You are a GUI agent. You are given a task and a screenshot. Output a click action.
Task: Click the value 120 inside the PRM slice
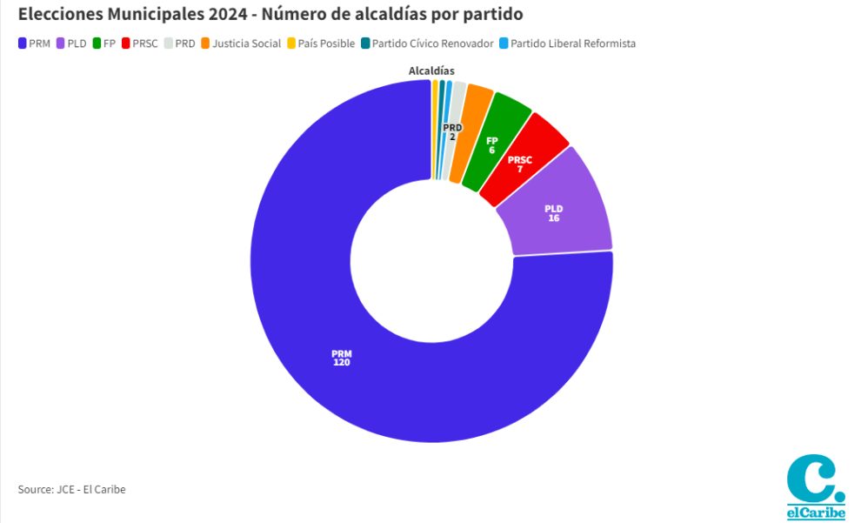click(x=341, y=362)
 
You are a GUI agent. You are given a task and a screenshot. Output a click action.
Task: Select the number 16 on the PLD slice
click(x=553, y=218)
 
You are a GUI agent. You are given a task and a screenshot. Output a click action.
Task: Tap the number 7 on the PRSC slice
click(x=520, y=169)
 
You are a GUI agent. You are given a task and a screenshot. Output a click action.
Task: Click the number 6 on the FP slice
click(x=491, y=151)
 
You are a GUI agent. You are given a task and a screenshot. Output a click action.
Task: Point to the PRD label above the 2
click(x=452, y=128)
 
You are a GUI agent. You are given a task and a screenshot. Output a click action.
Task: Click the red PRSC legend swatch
click(x=127, y=43)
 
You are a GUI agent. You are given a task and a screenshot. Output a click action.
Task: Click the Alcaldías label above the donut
click(x=432, y=70)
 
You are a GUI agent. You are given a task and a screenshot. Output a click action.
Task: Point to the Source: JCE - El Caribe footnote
click(x=71, y=489)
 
